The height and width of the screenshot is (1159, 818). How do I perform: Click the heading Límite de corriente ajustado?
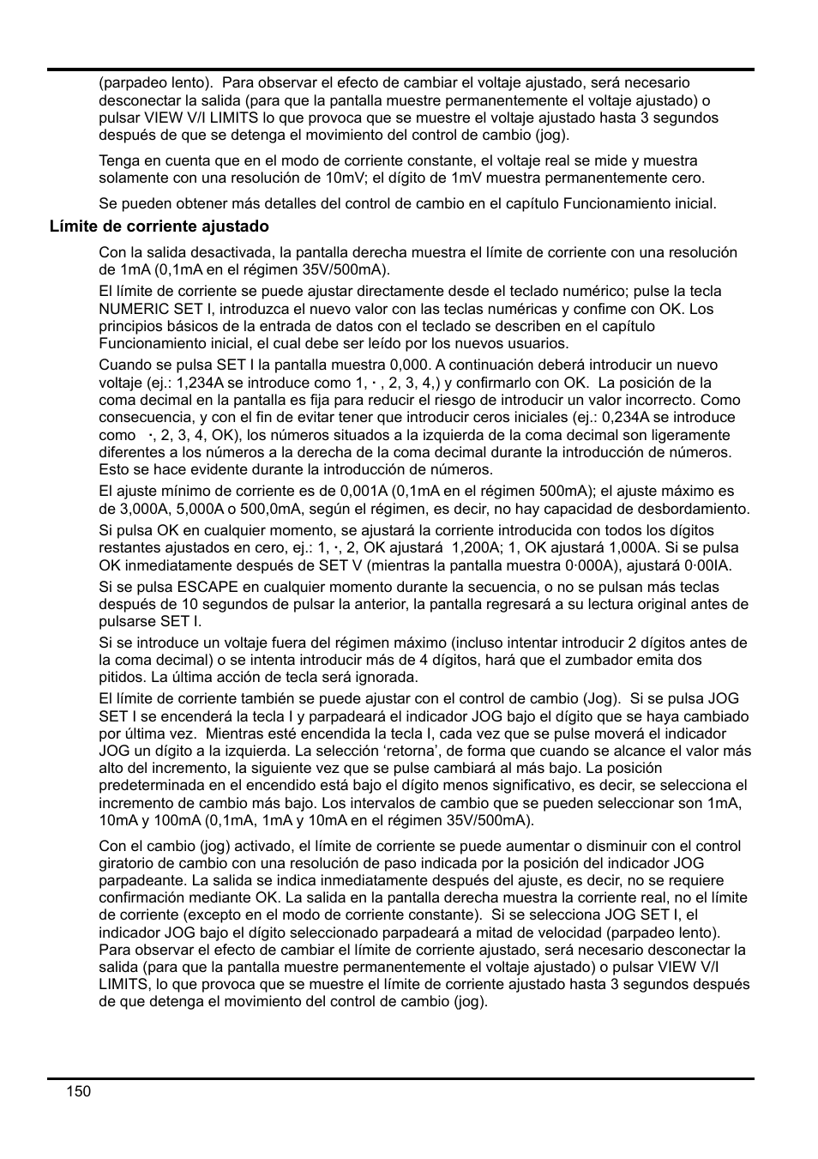[159, 226]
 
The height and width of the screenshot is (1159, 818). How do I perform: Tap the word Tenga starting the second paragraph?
[117, 160]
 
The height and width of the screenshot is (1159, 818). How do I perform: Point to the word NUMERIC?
[129, 309]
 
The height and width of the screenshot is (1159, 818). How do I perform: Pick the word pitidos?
[120, 677]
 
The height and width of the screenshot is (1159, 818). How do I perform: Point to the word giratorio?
[126, 863]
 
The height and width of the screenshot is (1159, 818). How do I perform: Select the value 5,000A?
[181, 509]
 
